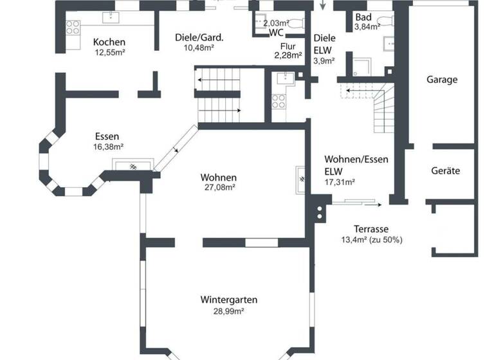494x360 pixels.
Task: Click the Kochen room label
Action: tap(109, 42)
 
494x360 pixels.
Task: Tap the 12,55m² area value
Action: tap(109, 53)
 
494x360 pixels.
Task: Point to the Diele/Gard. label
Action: tap(199, 37)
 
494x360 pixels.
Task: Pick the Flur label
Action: tap(288, 46)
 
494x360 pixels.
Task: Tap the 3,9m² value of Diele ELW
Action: tap(324, 61)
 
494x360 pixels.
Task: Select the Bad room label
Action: tap(363, 17)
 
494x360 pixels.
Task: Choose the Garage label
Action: tap(442, 80)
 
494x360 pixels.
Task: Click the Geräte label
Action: tap(445, 171)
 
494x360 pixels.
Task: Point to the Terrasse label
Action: tap(371, 229)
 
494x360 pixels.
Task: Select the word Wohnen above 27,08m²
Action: tap(218, 177)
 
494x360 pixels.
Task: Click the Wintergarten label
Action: tap(229, 300)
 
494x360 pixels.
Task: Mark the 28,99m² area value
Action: tap(229, 311)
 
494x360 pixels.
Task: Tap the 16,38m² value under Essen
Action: tap(108, 147)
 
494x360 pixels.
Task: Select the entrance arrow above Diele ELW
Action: tap(323, 6)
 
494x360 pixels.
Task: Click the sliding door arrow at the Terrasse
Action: tap(376, 204)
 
